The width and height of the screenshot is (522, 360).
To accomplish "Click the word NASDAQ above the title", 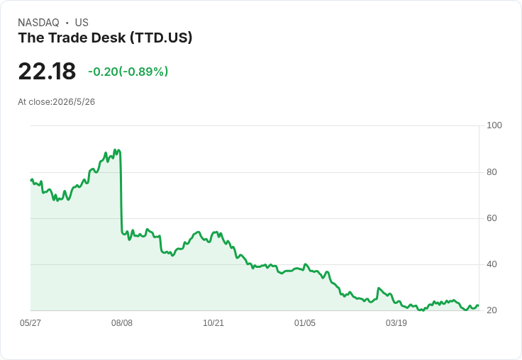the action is tap(38, 23).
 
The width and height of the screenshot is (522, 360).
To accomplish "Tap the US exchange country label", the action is tap(82, 23).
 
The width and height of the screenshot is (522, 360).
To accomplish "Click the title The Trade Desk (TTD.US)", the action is tap(105, 38).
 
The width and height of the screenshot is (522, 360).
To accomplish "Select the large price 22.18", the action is tap(47, 71).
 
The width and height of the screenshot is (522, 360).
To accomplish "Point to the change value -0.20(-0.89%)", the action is tap(128, 72).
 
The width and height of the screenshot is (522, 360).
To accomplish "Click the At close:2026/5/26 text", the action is tap(56, 102).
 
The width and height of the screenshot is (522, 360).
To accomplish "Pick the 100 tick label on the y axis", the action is tap(494, 125).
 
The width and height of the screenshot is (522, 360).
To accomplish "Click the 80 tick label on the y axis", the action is tap(492, 172).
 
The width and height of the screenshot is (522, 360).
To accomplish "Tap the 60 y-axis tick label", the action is tap(492, 218).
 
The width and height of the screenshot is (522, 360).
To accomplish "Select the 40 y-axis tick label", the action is tap(492, 264).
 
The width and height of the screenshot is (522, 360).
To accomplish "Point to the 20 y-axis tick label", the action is tap(492, 310).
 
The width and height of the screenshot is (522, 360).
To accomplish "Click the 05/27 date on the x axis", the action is tap(30, 322).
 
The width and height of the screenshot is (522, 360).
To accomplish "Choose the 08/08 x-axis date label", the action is tap(122, 322).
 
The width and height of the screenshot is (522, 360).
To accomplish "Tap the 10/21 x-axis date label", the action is tap(213, 322).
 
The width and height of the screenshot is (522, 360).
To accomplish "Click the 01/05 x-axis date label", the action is tap(304, 322).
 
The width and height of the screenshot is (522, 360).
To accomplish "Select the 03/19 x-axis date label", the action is tap(396, 322).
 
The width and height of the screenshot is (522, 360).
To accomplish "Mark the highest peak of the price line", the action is tap(115, 150).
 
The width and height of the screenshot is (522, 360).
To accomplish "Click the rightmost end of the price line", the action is tap(479, 305).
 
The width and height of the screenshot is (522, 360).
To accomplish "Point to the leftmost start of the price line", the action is tap(31, 180).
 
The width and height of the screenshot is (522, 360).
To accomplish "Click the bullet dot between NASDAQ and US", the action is tap(67, 23).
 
